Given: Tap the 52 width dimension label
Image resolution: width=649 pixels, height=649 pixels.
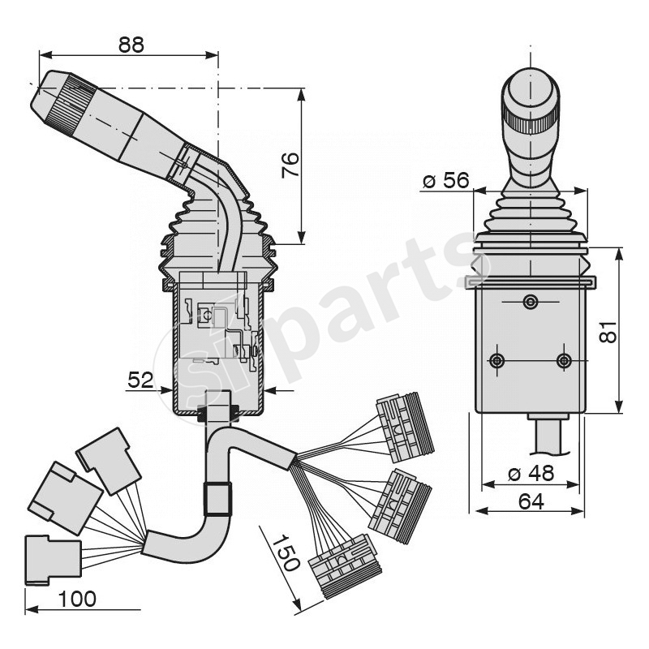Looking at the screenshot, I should tap(141, 379).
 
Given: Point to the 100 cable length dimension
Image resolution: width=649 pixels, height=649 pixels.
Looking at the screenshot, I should tap(78, 599).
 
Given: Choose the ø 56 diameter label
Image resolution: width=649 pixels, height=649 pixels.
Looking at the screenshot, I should tap(445, 180).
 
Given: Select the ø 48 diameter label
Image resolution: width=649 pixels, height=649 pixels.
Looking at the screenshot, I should tap(531, 473).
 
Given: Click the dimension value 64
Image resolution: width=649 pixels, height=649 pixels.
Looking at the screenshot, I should tap(531, 501).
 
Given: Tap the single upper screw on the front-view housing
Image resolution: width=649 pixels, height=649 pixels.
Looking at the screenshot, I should tap(530, 303).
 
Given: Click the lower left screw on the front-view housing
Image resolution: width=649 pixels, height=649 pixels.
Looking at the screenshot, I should tap(497, 360).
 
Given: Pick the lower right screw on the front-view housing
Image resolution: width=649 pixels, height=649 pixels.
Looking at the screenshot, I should tap(564, 360).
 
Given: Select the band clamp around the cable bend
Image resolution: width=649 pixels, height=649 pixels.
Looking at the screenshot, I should tap(216, 499).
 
